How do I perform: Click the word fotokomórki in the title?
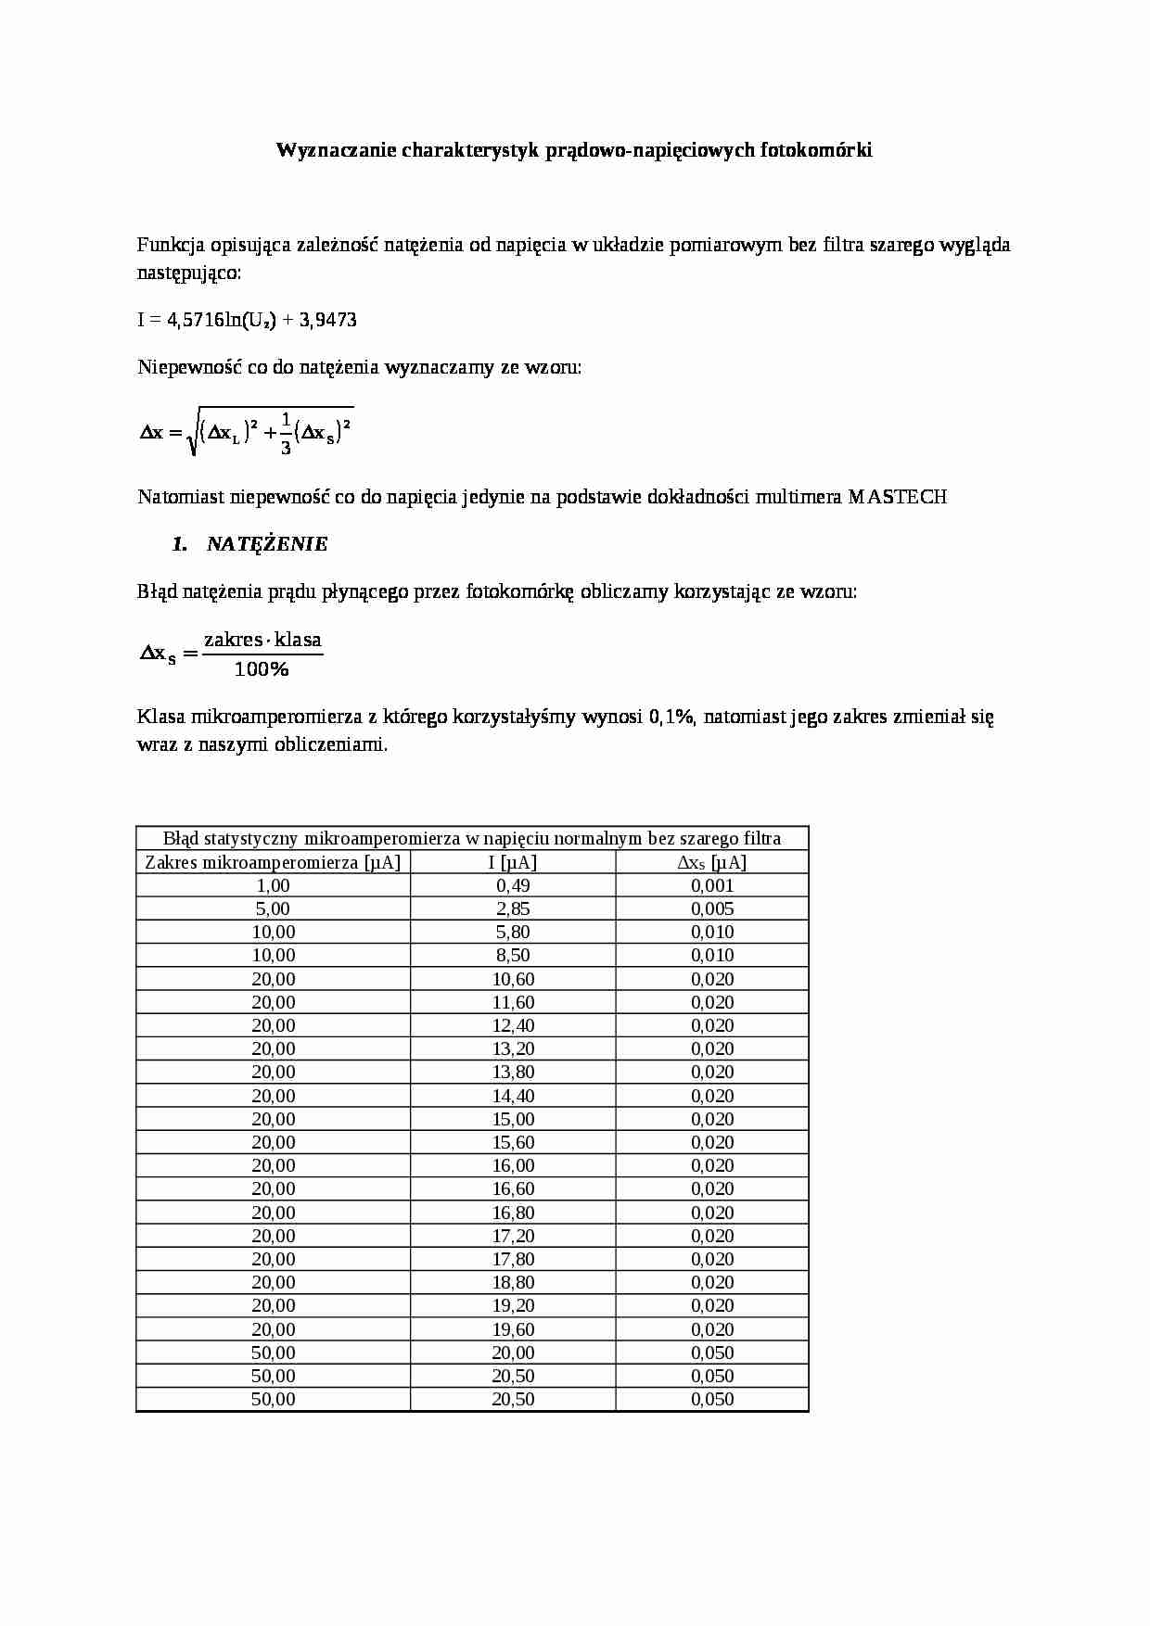pyautogui.click(x=815, y=150)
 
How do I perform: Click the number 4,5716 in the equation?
pyautogui.click(x=196, y=320)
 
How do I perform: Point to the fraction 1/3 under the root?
pyautogui.click(x=286, y=433)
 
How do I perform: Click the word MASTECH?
pyautogui.click(x=897, y=497)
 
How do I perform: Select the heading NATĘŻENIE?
pyautogui.click(x=266, y=544)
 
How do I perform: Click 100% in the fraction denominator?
pyautogui.click(x=262, y=669)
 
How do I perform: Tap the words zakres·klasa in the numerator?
pyautogui.click(x=262, y=640)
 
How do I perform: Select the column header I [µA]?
pyautogui.click(x=513, y=862)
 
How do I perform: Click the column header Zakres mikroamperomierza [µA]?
pyautogui.click(x=273, y=862)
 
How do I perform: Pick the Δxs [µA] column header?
pyautogui.click(x=711, y=862)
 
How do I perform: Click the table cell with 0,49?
pyautogui.click(x=513, y=885)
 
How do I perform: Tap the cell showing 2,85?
pyautogui.click(x=513, y=908)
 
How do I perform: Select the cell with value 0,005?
pyautogui.click(x=711, y=908)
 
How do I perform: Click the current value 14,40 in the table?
pyautogui.click(x=513, y=1096)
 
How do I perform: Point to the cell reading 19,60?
pyautogui.click(x=513, y=1329)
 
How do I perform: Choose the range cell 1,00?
pyautogui.click(x=273, y=885)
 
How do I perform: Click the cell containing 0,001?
pyautogui.click(x=711, y=885)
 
